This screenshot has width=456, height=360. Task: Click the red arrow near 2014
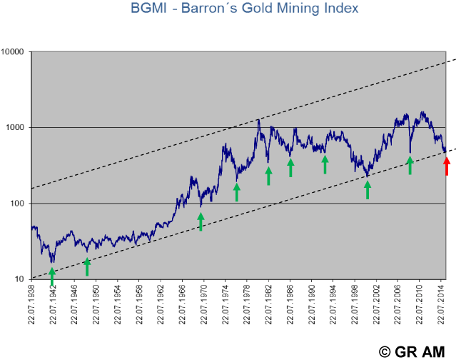tap(447, 166)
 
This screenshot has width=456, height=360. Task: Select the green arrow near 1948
tap(87, 266)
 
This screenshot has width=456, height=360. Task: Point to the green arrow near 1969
tap(201, 221)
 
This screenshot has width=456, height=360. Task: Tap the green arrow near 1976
tap(237, 191)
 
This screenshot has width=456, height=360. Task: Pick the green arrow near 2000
tap(368, 189)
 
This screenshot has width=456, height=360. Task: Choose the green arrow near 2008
tap(410, 165)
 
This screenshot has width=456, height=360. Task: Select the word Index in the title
tap(338, 9)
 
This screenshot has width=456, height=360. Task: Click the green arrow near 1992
tap(325, 164)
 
